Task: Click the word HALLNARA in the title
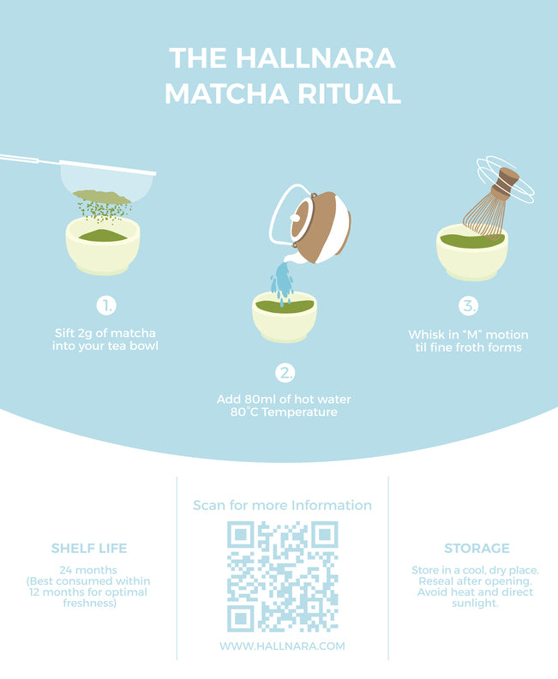pyautogui.click(x=315, y=58)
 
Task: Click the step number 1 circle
pyautogui.click(x=106, y=306)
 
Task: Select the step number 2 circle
pyautogui.click(x=285, y=372)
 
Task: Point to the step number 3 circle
pyautogui.click(x=468, y=306)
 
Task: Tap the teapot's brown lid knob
pyautogui.click(x=296, y=218)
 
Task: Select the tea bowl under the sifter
pyautogui.click(x=103, y=245)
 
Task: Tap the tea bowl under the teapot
pyautogui.click(x=285, y=316)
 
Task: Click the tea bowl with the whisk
pyautogui.click(x=471, y=253)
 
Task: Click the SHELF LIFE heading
pyautogui.click(x=89, y=548)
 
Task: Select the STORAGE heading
pyautogui.click(x=477, y=548)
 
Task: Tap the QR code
pyautogui.click(x=283, y=576)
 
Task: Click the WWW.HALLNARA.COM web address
pyautogui.click(x=282, y=646)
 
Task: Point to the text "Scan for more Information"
pyautogui.click(x=282, y=505)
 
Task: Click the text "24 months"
pyautogui.click(x=88, y=570)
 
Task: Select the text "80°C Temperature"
pyautogui.click(x=284, y=412)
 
